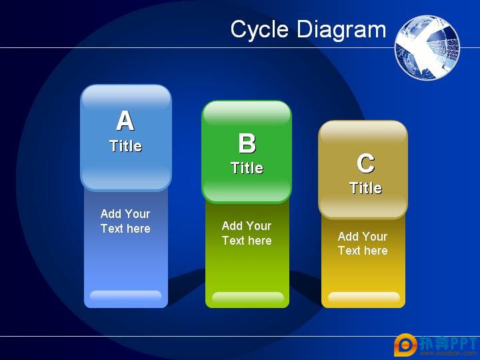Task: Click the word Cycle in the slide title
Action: pos(259,30)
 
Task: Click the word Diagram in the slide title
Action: pos(341,30)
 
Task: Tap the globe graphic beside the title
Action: pos(427,47)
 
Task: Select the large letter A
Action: pos(125,121)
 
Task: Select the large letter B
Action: pos(247,143)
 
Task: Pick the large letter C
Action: pos(365,163)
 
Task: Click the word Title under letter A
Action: pos(126,146)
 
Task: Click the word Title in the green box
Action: pos(247,168)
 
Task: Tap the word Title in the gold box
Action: pos(366,187)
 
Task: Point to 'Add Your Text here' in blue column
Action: pos(125,221)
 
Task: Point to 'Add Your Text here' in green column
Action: pos(247,233)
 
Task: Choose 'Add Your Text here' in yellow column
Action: pos(363,243)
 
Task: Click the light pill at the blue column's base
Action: pos(125,295)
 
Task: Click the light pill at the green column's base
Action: pos(247,297)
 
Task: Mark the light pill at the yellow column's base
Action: pos(364,297)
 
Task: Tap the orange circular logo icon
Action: pos(405,345)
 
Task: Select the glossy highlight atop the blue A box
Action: pos(126,98)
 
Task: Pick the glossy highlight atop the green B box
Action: pos(247,113)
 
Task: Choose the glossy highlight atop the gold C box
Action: pos(363,133)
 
